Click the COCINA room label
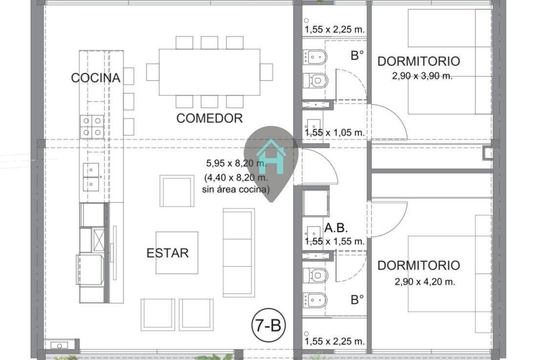(96, 78)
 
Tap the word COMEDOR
(209, 118)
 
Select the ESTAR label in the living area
(167, 253)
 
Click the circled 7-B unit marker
(268, 325)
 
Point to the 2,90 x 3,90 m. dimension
(422, 76)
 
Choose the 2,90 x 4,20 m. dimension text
(425, 281)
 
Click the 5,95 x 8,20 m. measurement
(236, 163)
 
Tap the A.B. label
(336, 228)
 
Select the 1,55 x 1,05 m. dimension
(335, 133)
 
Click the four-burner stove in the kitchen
(92, 127)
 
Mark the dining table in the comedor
(209, 72)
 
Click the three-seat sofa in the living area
(239, 253)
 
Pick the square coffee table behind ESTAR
(177, 253)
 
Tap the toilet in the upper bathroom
(315, 80)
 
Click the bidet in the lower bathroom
(315, 300)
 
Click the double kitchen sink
(91, 177)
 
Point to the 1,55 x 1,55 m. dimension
(335, 241)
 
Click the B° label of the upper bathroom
(357, 55)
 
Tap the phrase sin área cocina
(236, 190)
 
